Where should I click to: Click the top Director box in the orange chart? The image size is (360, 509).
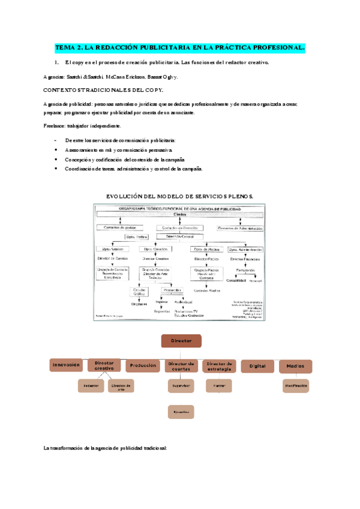(181, 341)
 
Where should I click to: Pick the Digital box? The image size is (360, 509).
(257, 366)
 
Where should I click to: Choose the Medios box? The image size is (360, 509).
(295, 366)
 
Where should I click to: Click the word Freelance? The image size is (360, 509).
(55, 126)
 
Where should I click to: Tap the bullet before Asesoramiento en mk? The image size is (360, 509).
(56, 149)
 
